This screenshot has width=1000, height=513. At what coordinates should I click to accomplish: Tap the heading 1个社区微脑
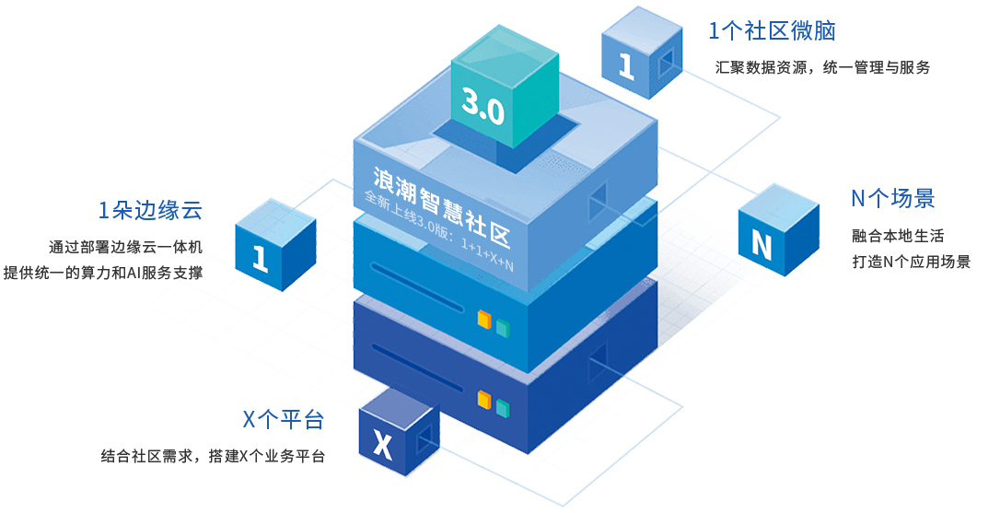[772, 30]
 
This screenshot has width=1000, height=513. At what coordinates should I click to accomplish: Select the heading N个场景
[892, 198]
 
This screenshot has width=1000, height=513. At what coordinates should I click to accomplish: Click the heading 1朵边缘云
[150, 210]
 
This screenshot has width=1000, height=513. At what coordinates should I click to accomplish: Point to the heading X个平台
[283, 420]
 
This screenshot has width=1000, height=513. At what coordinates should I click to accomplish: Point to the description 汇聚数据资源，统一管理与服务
[822, 67]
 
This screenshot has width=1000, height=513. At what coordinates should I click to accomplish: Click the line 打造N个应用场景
[911, 262]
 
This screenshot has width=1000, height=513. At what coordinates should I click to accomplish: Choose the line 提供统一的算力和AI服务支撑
[103, 273]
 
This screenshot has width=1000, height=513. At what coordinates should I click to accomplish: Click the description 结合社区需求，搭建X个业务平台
[213, 456]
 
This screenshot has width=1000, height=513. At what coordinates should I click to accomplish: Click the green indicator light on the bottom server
[503, 406]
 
